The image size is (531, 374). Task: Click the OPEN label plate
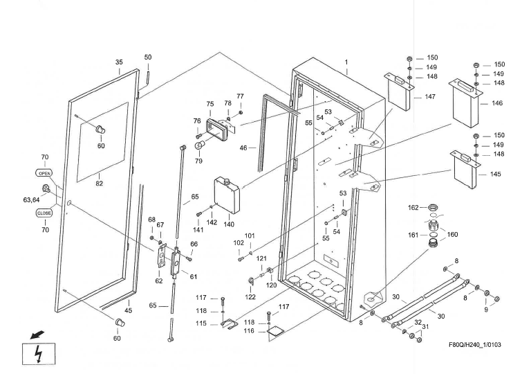coord(44,173)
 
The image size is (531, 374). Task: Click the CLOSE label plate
coord(44,213)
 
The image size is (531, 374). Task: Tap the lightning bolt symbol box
coord(39,354)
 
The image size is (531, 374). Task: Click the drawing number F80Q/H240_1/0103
coord(475,345)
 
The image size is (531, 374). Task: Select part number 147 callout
coord(430,97)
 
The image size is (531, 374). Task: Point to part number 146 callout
coord(497,103)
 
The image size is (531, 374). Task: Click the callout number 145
coord(496,174)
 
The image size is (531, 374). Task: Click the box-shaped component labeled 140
coord(227,195)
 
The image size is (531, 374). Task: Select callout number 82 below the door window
coord(100,184)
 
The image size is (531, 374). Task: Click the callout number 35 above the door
coord(119,62)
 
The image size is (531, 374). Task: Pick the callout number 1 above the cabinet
coord(346,62)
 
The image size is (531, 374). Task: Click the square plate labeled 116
coord(276,331)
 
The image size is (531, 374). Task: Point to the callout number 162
coord(413,207)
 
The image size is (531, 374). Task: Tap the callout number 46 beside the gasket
coord(243,148)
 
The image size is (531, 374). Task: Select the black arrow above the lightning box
coord(37,335)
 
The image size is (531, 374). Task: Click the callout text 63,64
coord(31,200)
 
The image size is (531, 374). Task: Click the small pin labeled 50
coord(148,79)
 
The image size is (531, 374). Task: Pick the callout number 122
coord(250,297)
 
